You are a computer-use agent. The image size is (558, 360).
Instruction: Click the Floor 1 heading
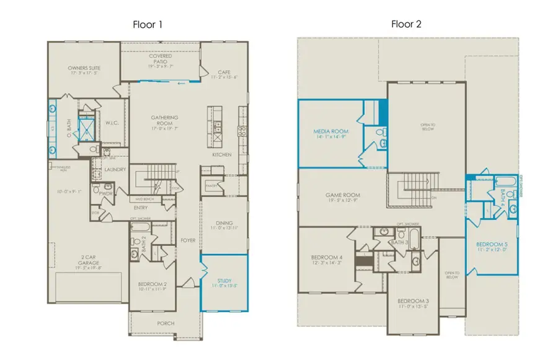click(148, 25)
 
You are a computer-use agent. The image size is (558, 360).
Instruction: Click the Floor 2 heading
click(406, 25)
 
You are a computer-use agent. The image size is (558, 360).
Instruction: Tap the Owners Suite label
click(84, 68)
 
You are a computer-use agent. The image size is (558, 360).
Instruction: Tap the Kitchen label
click(222, 154)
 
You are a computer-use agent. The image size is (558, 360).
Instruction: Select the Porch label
click(166, 323)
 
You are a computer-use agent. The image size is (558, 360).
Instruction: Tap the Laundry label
click(115, 169)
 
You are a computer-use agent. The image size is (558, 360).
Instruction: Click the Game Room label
click(343, 195)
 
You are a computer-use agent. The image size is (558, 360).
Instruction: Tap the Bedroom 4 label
click(327, 257)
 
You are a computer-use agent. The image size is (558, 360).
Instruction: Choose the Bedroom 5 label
click(492, 245)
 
